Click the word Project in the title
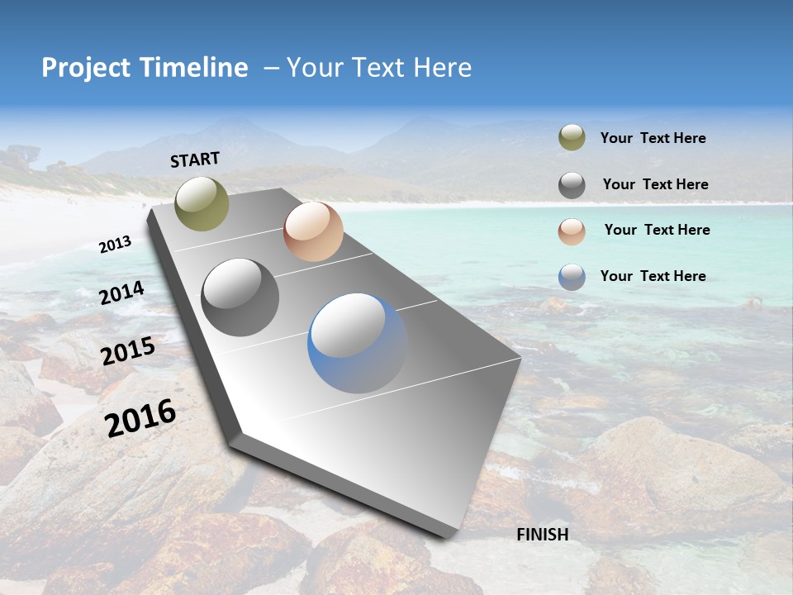(x=86, y=68)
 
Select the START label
(x=195, y=159)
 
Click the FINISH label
(x=543, y=535)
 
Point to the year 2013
(x=116, y=244)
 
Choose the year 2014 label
(x=121, y=293)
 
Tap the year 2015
(x=128, y=351)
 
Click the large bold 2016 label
(x=140, y=417)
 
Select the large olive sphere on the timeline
(x=202, y=203)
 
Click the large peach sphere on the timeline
(x=313, y=231)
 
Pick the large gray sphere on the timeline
(x=240, y=297)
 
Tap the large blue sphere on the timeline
(x=358, y=343)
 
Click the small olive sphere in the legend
(x=572, y=138)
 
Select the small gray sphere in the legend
(x=572, y=185)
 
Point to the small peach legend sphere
(x=572, y=231)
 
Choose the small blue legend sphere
(x=572, y=277)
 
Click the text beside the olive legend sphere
(x=653, y=139)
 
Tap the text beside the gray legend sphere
(x=655, y=184)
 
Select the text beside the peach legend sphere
(x=657, y=230)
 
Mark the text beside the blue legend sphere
(x=653, y=276)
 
